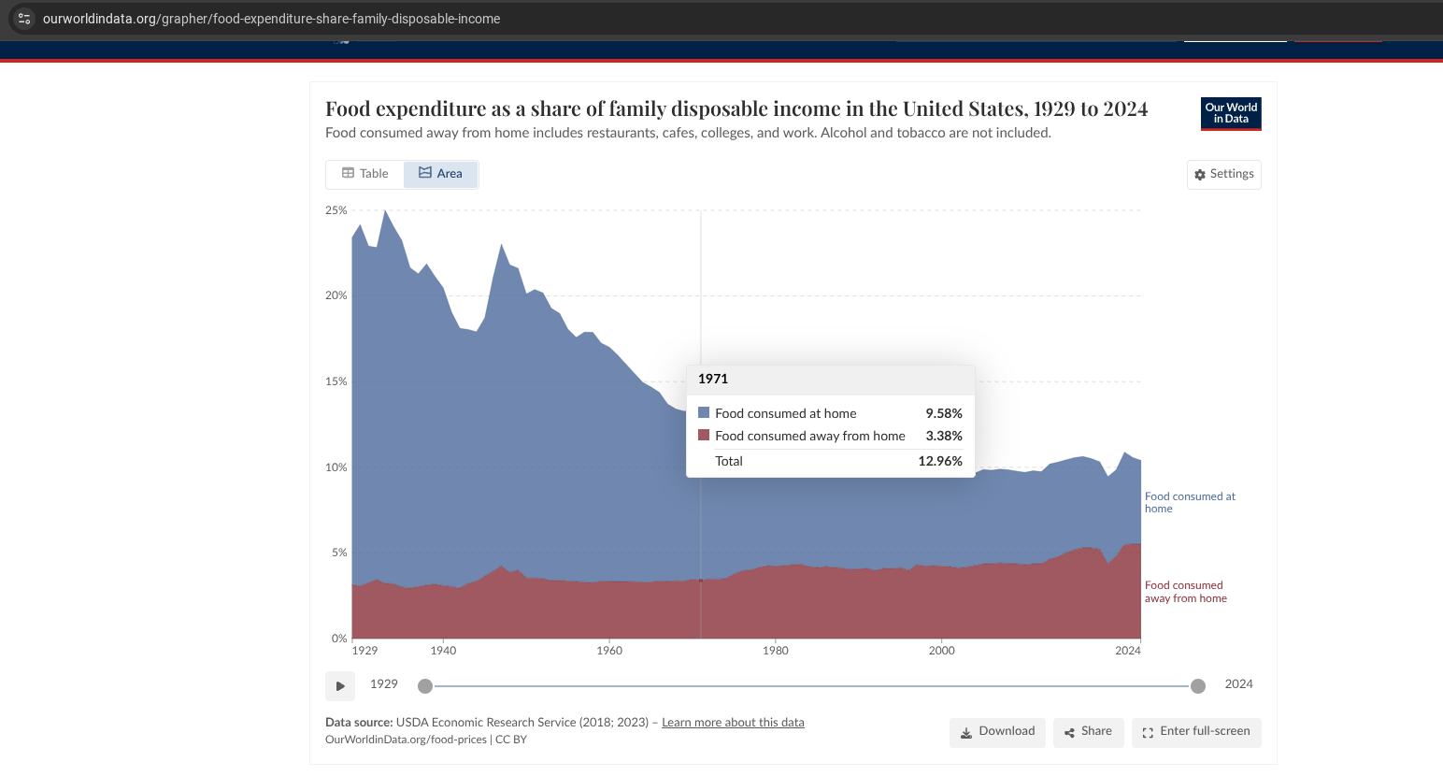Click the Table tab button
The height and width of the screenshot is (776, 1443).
pyautogui.click(x=365, y=174)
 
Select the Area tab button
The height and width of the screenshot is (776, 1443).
pyautogui.click(x=440, y=174)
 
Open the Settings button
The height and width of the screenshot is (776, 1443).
pyautogui.click(x=1223, y=175)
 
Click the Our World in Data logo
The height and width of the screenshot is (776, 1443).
pyautogui.click(x=1231, y=114)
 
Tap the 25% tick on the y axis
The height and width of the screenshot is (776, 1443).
pyautogui.click(x=336, y=210)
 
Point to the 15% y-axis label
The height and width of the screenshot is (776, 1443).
pyautogui.click(x=336, y=381)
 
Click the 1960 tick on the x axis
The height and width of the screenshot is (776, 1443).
pyautogui.click(x=609, y=651)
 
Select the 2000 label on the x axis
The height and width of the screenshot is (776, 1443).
pyautogui.click(x=942, y=651)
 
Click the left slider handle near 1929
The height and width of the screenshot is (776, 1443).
pyautogui.click(x=425, y=686)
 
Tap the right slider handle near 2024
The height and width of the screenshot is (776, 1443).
pyautogui.click(x=1198, y=686)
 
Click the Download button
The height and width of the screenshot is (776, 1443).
pyautogui.click(x=997, y=732)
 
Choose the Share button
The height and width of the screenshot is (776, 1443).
pyautogui.click(x=1088, y=732)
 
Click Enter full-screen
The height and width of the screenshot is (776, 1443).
pyautogui.click(x=1196, y=732)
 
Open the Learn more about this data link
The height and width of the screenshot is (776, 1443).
pyautogui.click(x=733, y=723)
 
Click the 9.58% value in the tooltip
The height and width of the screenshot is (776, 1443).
pyautogui.click(x=944, y=413)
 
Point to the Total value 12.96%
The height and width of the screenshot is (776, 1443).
pyautogui.click(x=940, y=461)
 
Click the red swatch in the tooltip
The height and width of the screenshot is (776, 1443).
pyautogui.click(x=704, y=435)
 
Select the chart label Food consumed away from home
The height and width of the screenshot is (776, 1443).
pyautogui.click(x=1185, y=592)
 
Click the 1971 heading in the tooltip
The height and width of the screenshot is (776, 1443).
pyautogui.click(x=713, y=379)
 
